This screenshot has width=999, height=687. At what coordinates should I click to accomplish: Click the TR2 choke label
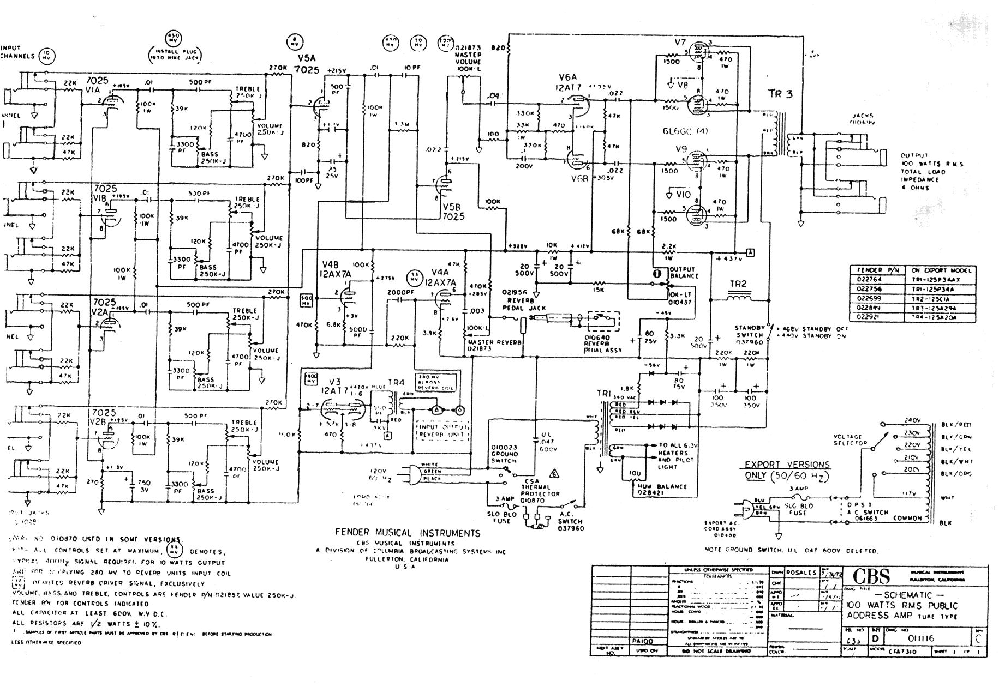[737, 284]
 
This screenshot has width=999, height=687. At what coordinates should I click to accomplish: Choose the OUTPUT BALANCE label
[682, 273]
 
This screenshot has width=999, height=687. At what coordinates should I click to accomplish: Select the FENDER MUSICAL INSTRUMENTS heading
[408, 533]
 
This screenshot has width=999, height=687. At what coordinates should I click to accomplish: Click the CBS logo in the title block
[871, 577]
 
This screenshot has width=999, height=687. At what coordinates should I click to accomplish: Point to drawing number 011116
[922, 638]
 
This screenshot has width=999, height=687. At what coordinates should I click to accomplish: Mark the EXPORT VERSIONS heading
[787, 465]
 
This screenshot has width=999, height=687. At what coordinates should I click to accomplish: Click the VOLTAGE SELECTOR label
[850, 440]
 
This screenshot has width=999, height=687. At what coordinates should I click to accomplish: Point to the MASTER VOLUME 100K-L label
[468, 58]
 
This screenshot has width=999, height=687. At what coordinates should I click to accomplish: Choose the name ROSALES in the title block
[801, 572]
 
